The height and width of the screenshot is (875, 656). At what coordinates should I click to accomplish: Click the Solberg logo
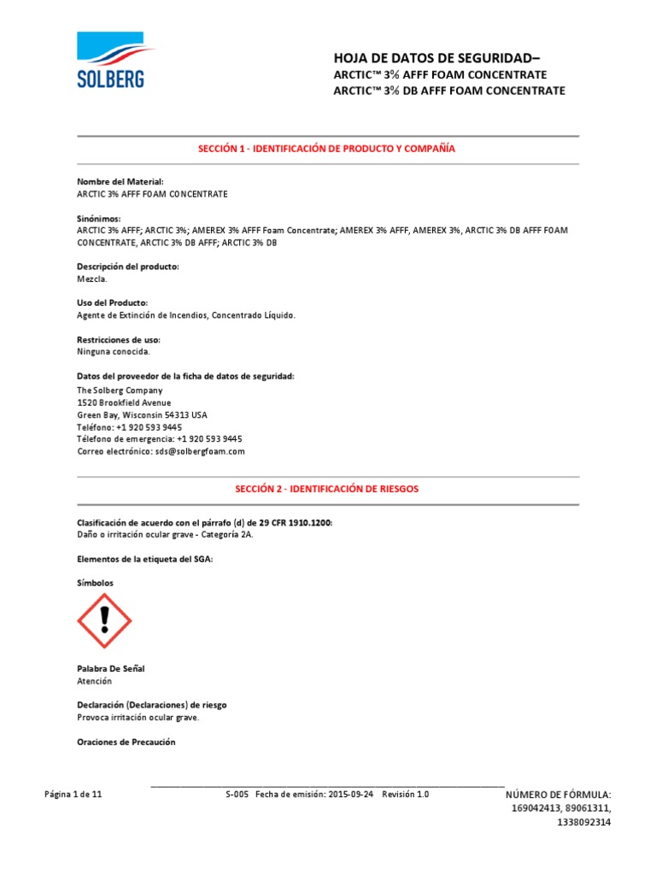click(111, 60)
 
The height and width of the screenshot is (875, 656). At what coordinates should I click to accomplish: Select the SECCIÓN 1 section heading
click(327, 149)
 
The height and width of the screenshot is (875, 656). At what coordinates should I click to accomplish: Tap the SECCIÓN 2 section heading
click(327, 489)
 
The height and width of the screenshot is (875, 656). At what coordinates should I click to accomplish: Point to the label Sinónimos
click(99, 219)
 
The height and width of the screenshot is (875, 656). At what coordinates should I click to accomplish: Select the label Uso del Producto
click(112, 303)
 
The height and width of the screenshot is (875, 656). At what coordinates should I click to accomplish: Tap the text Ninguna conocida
click(114, 351)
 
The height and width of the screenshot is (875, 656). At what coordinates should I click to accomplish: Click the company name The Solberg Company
click(120, 391)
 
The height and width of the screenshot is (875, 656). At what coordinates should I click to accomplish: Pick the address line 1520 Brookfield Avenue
click(124, 402)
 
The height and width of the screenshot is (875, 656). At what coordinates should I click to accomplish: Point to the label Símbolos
click(95, 583)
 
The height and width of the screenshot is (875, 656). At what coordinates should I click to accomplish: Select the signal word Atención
click(94, 681)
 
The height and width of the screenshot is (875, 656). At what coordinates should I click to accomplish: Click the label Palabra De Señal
click(116, 668)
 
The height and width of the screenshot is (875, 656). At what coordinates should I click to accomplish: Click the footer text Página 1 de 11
click(73, 795)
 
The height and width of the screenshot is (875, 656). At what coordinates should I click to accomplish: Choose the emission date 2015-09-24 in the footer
click(350, 795)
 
